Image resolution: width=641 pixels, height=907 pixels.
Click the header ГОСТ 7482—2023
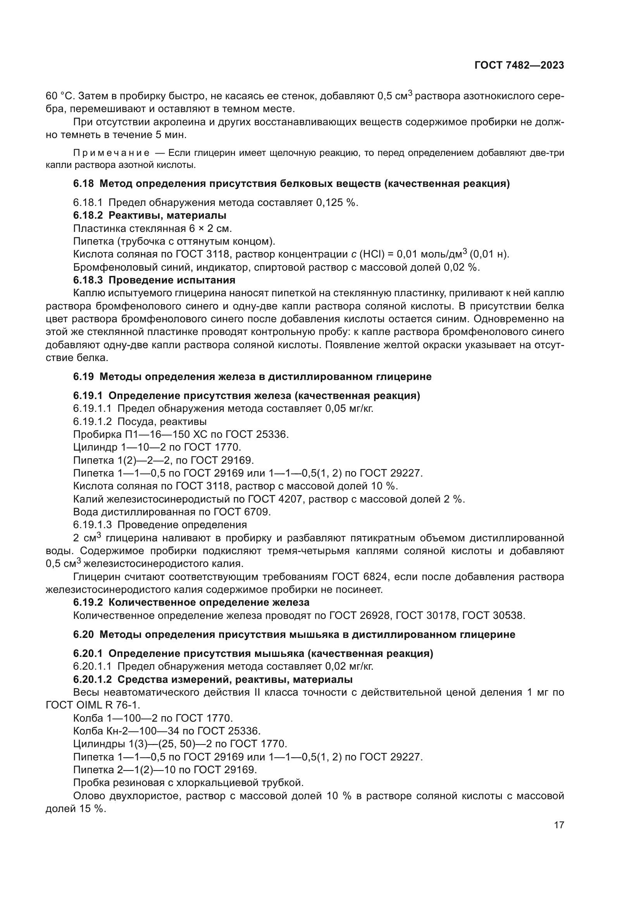pos(519,66)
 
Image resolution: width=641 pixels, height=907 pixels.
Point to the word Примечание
pos(111,153)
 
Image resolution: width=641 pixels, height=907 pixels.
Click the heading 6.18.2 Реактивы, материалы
pos(150,216)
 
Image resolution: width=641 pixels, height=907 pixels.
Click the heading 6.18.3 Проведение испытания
pos(154,280)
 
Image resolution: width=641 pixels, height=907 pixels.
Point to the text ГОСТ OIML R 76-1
pos(93,705)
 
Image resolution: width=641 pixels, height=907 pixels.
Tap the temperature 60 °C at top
pos(59,96)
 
